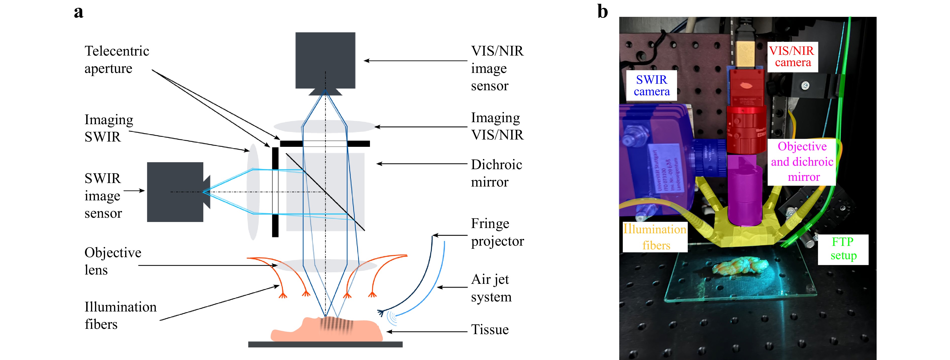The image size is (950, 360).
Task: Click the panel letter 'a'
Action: (x=79, y=12)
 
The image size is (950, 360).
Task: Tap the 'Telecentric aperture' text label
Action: (x=117, y=59)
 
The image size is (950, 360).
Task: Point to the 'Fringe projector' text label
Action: (x=497, y=232)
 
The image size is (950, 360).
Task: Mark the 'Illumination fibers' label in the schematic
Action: (x=120, y=315)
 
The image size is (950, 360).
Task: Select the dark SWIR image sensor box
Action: (x=175, y=192)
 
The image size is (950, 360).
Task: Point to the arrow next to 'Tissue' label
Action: (x=426, y=332)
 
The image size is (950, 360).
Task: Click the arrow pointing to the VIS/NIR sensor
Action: (x=415, y=61)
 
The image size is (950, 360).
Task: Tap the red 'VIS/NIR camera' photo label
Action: (x=792, y=56)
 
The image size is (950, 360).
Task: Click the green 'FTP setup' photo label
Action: (x=843, y=249)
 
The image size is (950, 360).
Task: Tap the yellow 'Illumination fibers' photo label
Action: (x=655, y=237)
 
